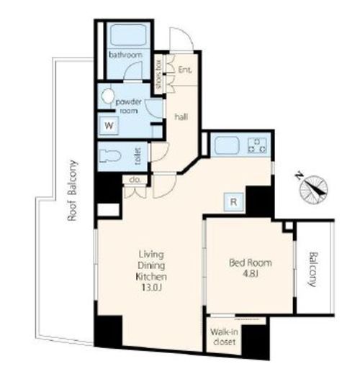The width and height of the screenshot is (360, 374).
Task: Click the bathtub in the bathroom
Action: [x=128, y=35]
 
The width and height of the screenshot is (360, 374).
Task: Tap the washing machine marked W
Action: [x=109, y=125]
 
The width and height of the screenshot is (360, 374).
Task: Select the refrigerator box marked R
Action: [x=234, y=202]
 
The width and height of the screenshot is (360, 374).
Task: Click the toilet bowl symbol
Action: [x=109, y=156]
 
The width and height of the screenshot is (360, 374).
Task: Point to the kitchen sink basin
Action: [x=227, y=146]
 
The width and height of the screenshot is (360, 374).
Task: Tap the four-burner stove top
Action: [x=257, y=145]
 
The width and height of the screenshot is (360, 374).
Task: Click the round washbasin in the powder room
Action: [x=107, y=96]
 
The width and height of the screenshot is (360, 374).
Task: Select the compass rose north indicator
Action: [x=312, y=186]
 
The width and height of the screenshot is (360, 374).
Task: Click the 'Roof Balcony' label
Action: [x=72, y=191]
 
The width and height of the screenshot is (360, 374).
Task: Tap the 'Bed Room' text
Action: [x=251, y=263]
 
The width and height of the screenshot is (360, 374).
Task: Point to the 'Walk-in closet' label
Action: [x=224, y=337]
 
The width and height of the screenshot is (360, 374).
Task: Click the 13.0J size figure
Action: [x=151, y=288]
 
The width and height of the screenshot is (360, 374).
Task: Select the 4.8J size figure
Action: [x=251, y=273]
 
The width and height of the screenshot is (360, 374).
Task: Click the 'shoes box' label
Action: [x=158, y=73]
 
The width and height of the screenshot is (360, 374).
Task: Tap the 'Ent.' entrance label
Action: [x=185, y=70]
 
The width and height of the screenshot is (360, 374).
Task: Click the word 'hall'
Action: [x=181, y=117]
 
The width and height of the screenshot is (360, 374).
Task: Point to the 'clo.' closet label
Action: [x=135, y=180]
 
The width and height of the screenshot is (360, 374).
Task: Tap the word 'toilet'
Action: [x=138, y=156]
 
